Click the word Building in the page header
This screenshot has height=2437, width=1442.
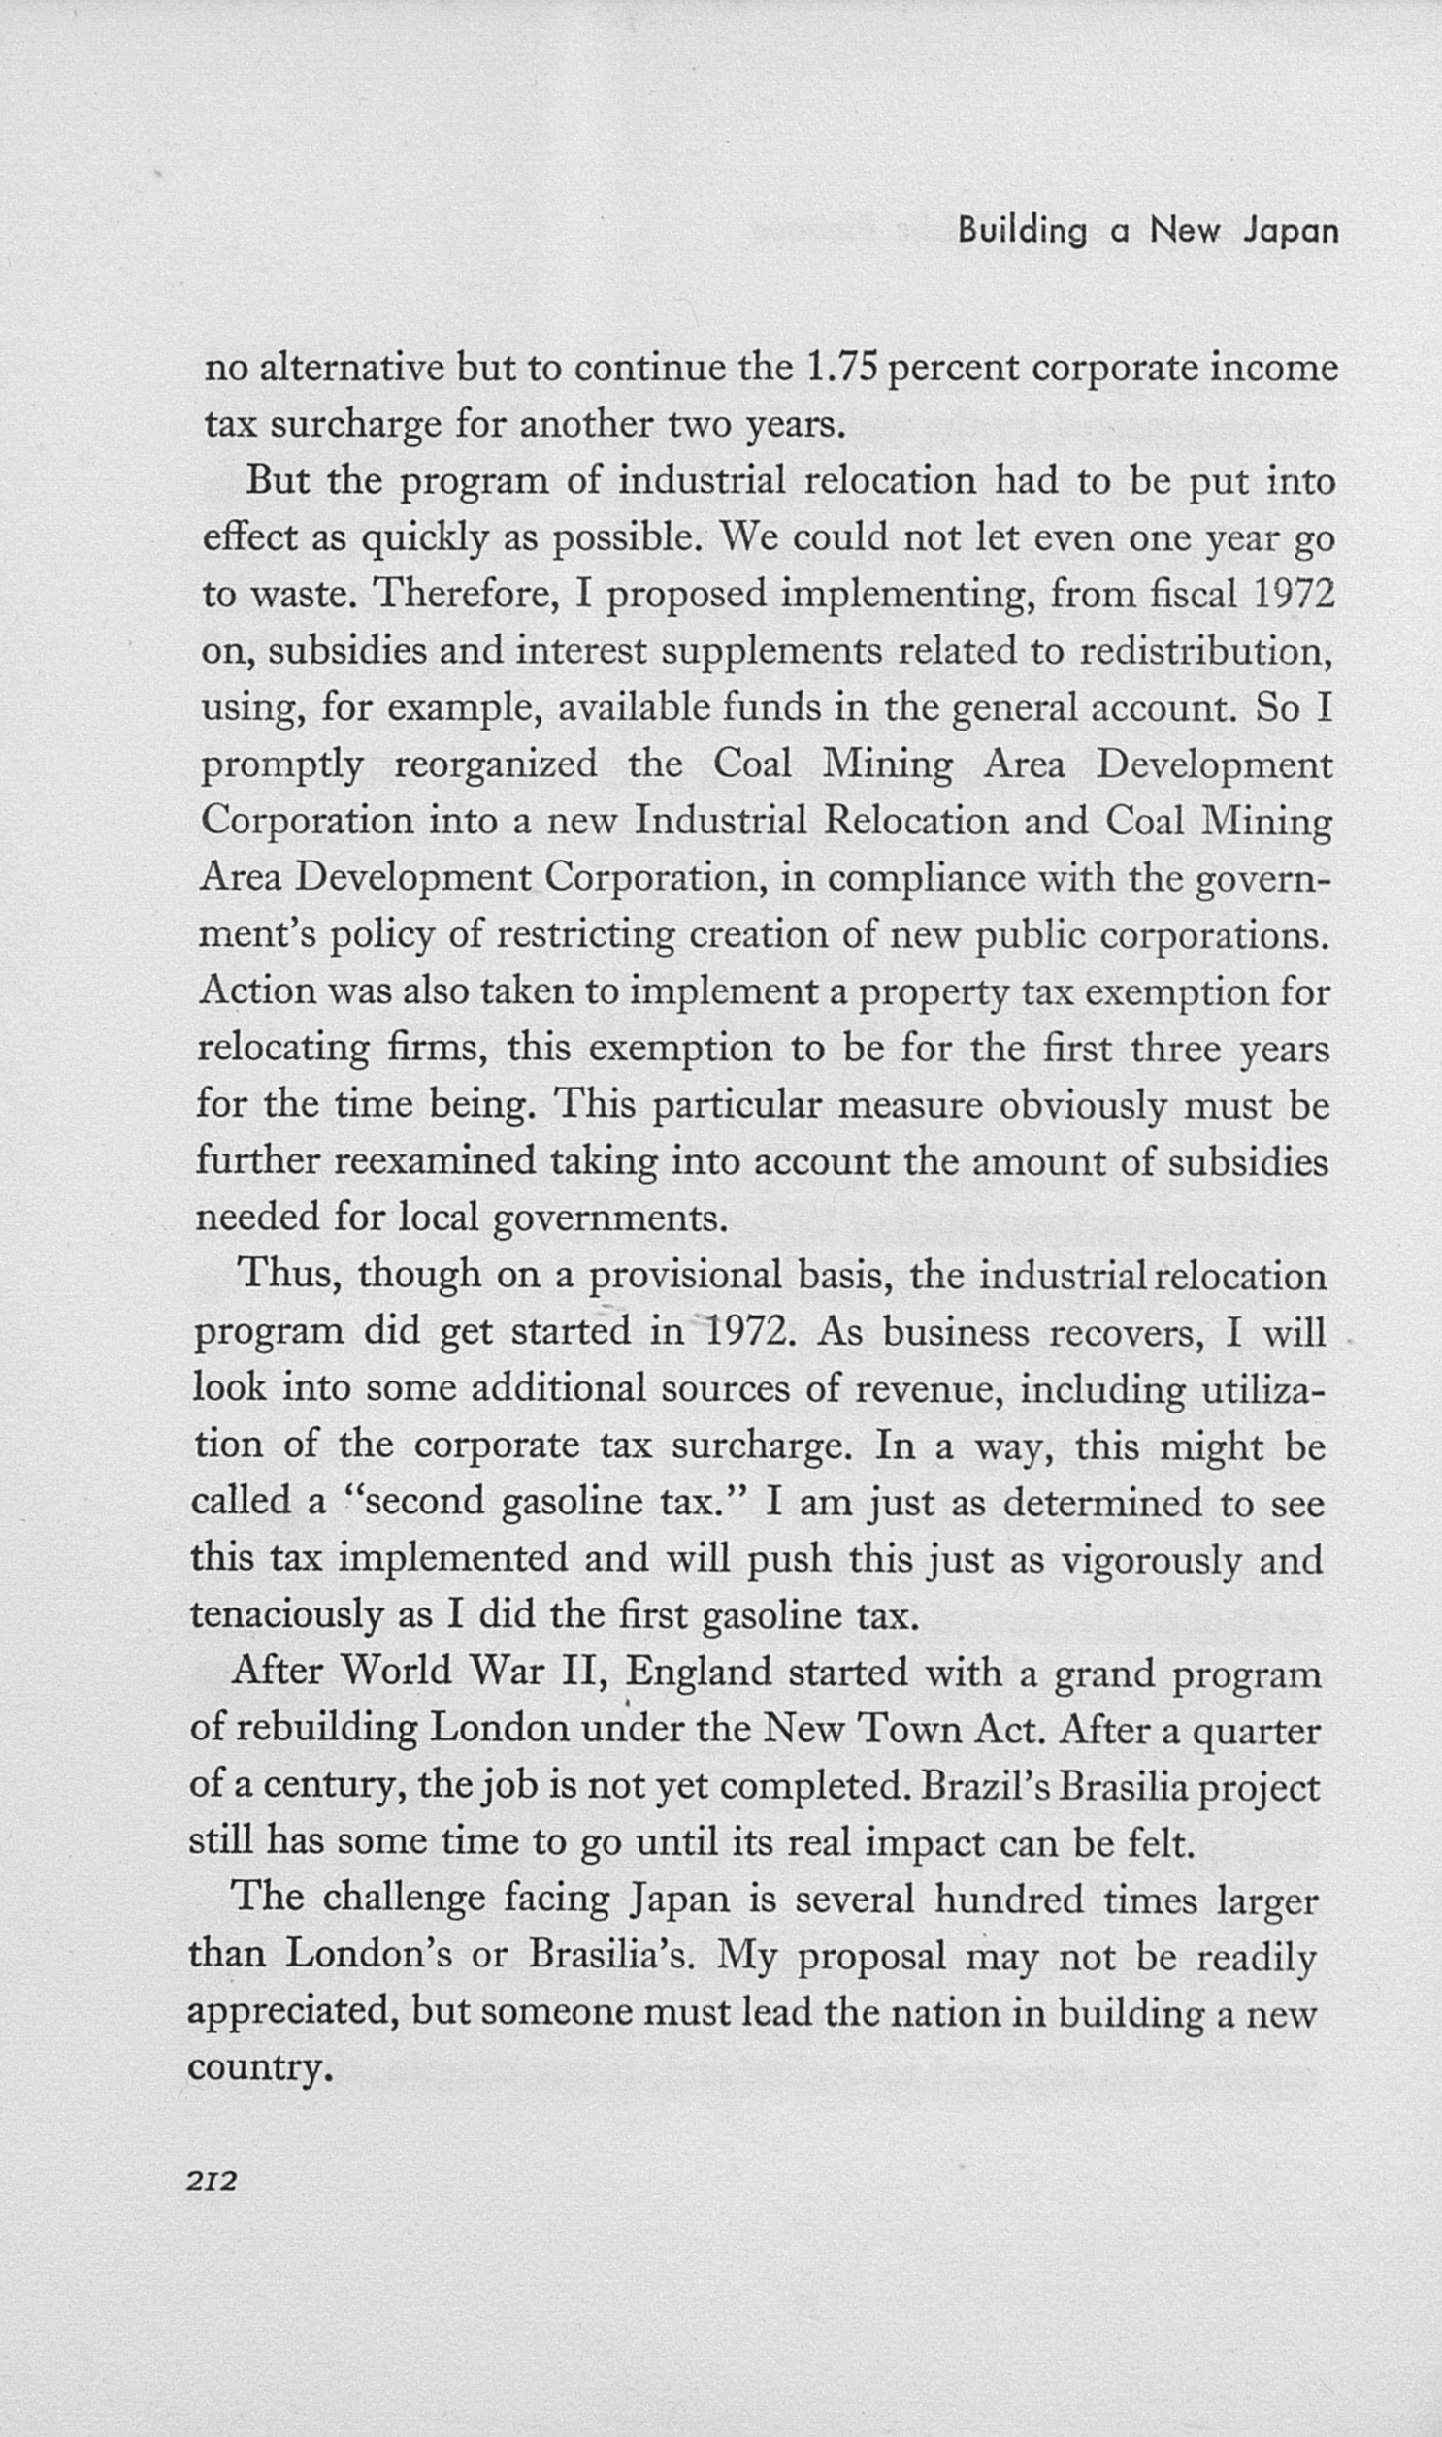click(x=1021, y=231)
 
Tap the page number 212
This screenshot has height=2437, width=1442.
click(x=212, y=2181)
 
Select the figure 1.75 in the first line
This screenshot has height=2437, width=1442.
click(x=842, y=368)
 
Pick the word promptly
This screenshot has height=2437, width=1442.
click(x=281, y=765)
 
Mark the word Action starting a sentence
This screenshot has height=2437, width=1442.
click(x=257, y=991)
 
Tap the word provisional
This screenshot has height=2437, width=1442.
click(x=685, y=1275)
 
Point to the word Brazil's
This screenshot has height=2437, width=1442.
click(x=982, y=1787)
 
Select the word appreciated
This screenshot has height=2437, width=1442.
click(x=292, y=2012)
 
